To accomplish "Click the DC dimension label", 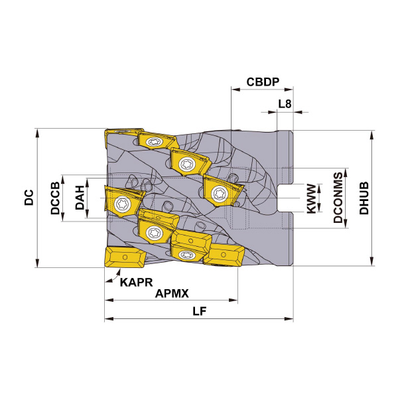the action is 29,197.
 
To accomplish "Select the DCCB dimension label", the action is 55,198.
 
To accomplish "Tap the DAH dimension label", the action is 80,198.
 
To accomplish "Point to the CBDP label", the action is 263,82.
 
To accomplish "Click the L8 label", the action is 285,103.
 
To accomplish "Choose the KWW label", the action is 312,199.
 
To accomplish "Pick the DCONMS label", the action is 338,198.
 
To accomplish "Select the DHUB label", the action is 364,198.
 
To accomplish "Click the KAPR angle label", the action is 136,283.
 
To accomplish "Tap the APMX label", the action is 172,294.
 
